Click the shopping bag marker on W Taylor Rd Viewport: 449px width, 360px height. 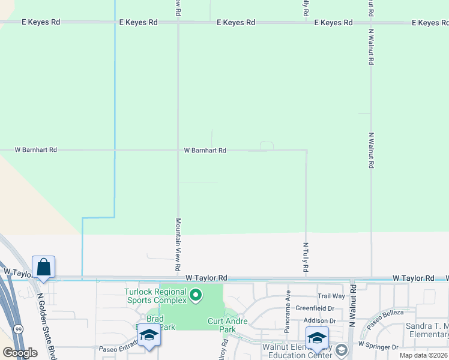tap(44, 268)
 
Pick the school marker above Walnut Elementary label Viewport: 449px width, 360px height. tap(317, 338)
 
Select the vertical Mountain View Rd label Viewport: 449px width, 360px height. tap(178, 243)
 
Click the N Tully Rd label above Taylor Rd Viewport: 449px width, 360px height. tap(306, 258)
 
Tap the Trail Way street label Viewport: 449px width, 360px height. tap(331, 296)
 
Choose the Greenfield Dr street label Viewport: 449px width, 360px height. tap(315, 308)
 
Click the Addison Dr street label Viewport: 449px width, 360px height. tap(316, 321)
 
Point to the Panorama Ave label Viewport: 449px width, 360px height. tap(288, 312)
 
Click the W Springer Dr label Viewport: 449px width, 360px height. tap(378, 346)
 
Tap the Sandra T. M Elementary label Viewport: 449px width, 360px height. tap(427, 330)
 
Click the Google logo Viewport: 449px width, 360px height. tap(20, 353)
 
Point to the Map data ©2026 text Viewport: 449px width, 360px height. tap(424, 355)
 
